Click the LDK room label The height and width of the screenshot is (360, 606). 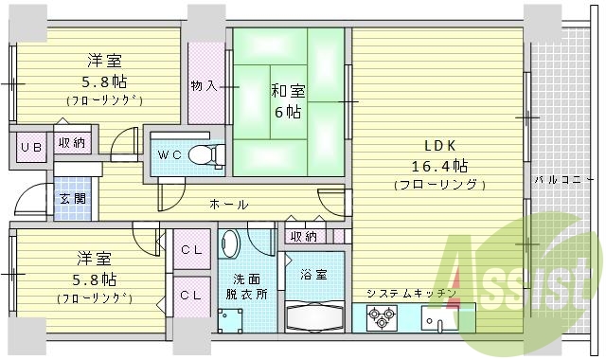[439, 146]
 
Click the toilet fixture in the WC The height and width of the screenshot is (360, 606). [203, 154]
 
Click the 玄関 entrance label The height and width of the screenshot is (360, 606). [71, 198]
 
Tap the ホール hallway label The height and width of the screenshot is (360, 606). [229, 205]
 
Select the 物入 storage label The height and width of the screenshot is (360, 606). [203, 85]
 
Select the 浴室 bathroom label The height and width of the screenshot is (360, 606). [315, 275]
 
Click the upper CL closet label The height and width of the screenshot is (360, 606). [190, 250]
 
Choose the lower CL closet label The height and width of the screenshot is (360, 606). [190, 295]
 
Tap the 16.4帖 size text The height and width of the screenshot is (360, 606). [439, 166]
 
